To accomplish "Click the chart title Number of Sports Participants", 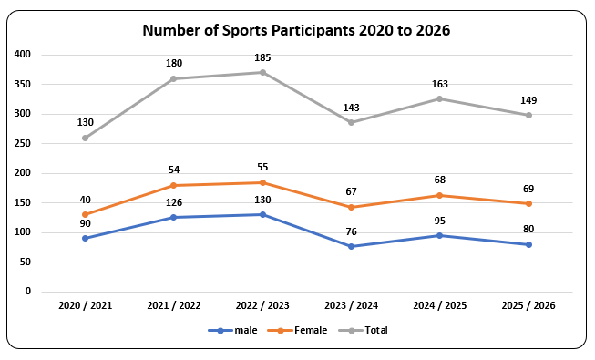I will coord(296,30).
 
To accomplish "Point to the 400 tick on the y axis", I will coord(22,55).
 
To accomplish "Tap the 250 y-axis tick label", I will coord(22,144).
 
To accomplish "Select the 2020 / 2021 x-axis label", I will coord(85,305).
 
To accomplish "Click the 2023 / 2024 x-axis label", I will coord(351,305).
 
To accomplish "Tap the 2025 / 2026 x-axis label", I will coord(528,305).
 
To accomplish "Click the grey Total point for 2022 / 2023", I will coord(262,73).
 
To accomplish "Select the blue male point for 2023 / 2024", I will coord(351,246).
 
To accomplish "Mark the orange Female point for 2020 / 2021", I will coord(85,215).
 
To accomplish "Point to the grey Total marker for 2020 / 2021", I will coord(85,138).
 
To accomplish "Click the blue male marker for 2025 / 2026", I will coord(528,244).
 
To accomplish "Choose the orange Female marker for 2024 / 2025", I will coord(440,195).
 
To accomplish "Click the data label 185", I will coord(262,58).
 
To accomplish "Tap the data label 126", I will coord(173,202).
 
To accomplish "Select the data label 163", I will coord(440,84).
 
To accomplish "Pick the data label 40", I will coord(85,200).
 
